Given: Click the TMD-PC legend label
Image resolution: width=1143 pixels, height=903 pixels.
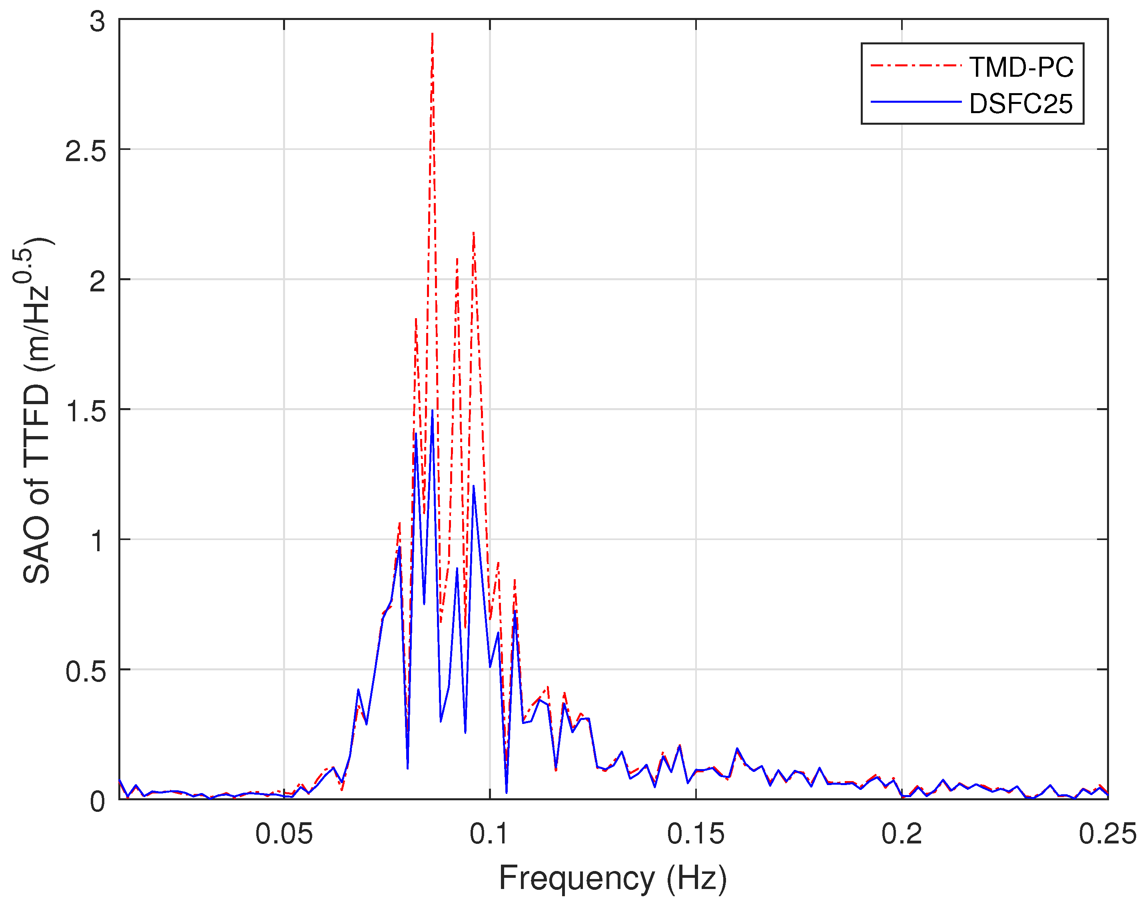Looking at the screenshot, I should [1021, 67].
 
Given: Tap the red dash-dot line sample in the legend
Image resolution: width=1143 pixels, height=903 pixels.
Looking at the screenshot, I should [915, 66].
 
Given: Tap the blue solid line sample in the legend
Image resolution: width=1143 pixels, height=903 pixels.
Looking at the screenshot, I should [915, 102].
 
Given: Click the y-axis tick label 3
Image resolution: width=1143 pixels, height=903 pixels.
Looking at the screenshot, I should [97, 22].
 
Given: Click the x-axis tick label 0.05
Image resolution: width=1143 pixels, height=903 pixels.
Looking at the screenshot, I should [284, 834].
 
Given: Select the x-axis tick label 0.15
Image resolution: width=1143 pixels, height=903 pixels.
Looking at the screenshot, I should [695, 834].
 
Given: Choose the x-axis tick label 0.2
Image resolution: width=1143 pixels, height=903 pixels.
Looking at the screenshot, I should [902, 834].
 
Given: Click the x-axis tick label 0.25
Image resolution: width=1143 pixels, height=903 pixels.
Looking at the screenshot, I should [1107, 834].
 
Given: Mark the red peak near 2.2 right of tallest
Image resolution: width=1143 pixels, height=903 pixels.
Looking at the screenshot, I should [474, 233].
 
